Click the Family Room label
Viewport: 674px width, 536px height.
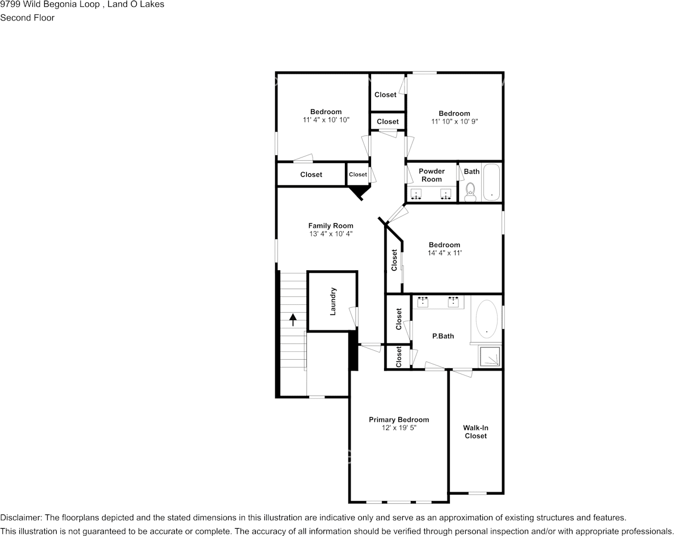tap(331, 226)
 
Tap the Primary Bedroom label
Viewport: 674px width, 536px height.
tap(399, 420)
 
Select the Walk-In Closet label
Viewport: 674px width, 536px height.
tap(475, 432)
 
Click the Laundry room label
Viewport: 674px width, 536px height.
tap(332, 301)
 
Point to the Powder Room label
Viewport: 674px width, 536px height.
tap(432, 175)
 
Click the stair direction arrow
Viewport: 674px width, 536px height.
tap(293, 320)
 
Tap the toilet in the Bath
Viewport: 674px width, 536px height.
tap(471, 192)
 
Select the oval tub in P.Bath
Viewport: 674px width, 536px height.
tap(487, 320)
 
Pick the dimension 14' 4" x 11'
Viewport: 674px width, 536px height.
tap(444, 253)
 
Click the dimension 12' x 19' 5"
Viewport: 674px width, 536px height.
tap(399, 428)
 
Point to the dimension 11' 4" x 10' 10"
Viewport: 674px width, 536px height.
tap(326, 120)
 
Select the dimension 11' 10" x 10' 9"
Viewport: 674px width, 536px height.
tap(454, 121)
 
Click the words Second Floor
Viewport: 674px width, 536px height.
tap(27, 18)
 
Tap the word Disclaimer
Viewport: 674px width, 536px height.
tap(20, 518)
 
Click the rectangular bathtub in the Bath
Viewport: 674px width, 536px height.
tap(491, 182)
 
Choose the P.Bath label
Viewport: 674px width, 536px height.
tap(443, 336)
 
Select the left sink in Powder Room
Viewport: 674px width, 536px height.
tap(416, 194)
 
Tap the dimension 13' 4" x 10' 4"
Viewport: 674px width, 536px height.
tap(331, 234)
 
